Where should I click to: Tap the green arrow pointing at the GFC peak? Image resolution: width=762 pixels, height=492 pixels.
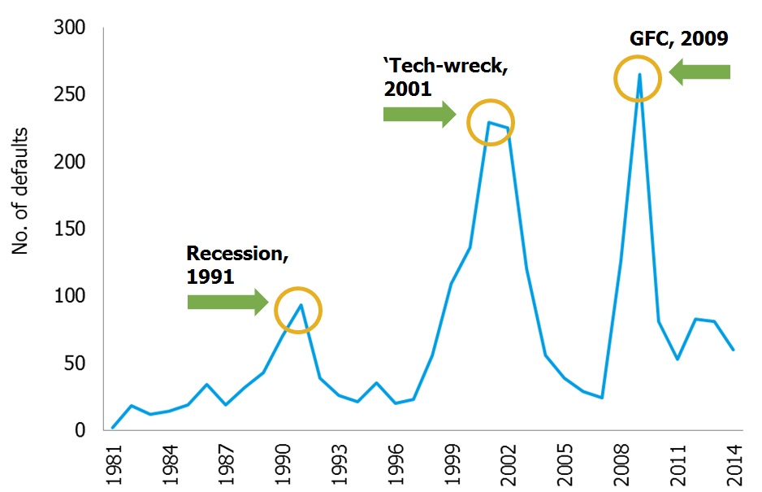click(699, 72)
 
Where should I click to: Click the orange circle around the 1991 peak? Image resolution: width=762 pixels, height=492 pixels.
click(298, 310)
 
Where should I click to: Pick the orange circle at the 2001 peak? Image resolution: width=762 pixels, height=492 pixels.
click(491, 121)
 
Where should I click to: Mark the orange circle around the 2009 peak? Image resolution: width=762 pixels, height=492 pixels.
click(638, 79)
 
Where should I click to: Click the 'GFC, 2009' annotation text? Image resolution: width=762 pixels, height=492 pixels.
click(678, 37)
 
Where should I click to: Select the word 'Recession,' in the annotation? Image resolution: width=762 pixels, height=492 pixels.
click(237, 254)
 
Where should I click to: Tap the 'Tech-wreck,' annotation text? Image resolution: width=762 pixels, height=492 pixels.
click(446, 67)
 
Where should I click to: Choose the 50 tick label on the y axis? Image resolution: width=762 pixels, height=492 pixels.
click(79, 364)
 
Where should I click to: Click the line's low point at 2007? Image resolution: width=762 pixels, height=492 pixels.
click(602, 398)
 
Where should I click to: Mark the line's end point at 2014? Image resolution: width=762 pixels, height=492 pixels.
click(733, 350)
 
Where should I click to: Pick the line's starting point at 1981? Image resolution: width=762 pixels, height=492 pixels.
click(113, 427)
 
